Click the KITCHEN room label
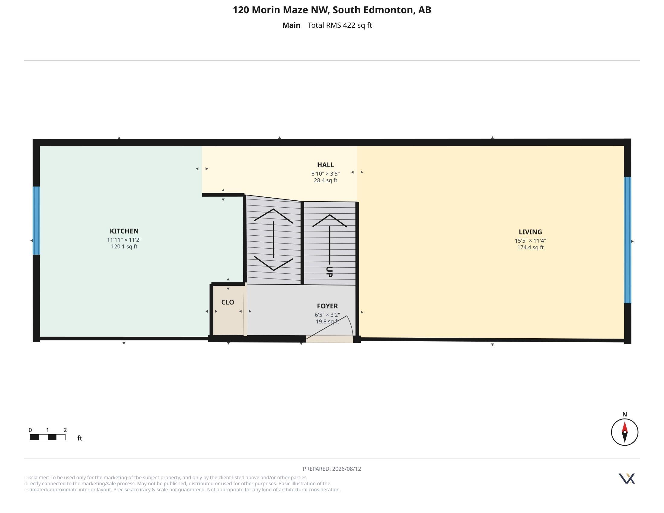(x=124, y=231)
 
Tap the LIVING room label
(x=530, y=232)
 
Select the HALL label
(x=326, y=165)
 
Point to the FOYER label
(x=327, y=306)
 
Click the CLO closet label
(x=228, y=302)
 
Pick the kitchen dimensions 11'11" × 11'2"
(x=124, y=240)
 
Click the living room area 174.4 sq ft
(x=531, y=247)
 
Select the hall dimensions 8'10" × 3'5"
(x=325, y=174)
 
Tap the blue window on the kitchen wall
(x=36, y=221)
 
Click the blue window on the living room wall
(x=627, y=240)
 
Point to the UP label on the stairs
(x=329, y=272)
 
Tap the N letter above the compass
(x=624, y=414)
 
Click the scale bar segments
(x=47, y=437)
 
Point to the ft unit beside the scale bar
(x=80, y=438)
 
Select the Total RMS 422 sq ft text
(x=340, y=25)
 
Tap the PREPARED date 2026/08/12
(x=346, y=469)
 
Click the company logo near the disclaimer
(x=627, y=479)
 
